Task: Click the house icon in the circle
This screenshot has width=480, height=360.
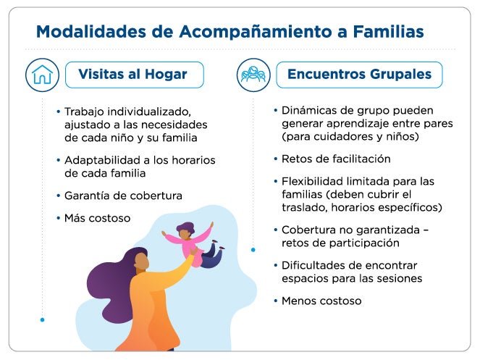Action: [42, 75]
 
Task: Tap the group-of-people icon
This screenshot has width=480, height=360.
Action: [253, 75]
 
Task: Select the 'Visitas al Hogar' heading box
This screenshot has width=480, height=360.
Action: [135, 75]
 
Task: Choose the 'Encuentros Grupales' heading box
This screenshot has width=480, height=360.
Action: [359, 75]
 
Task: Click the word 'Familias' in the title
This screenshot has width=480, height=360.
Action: [389, 32]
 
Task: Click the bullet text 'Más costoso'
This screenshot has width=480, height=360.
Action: [97, 218]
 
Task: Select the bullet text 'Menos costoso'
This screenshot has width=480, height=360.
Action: [321, 301]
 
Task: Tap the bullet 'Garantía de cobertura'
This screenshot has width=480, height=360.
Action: [123, 196]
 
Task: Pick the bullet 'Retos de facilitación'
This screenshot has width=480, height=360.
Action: [336, 159]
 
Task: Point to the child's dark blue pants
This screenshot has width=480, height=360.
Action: [212, 256]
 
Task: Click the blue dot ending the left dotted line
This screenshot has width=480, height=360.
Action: [42, 320]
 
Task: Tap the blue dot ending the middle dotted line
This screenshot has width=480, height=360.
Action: [253, 250]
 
